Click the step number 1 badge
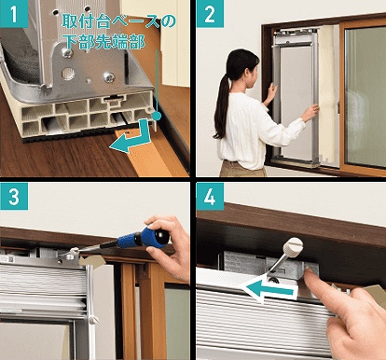click(14, 14)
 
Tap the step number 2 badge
click(210, 14)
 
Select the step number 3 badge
click(14, 196)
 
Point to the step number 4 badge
click(210, 196)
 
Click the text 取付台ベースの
click(119, 21)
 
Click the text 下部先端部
click(104, 41)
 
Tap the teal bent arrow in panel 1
click(132, 137)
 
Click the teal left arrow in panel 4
click(269, 290)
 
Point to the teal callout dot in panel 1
click(158, 117)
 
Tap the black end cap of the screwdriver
click(162, 236)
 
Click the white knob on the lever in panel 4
click(293, 245)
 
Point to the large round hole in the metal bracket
click(68, 74)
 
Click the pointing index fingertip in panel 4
click(310, 272)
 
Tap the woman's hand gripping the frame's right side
click(310, 113)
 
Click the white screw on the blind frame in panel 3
click(94, 320)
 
